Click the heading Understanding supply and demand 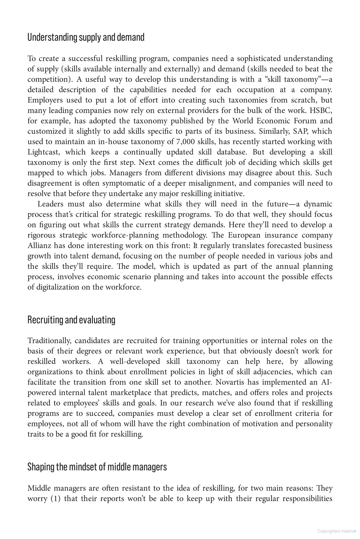point(86,37)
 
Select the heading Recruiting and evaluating point(71,320)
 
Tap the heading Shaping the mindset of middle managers point(97,467)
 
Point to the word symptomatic point(123,183)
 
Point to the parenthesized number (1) point(55,499)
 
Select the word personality point(314,424)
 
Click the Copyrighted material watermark point(336,531)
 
